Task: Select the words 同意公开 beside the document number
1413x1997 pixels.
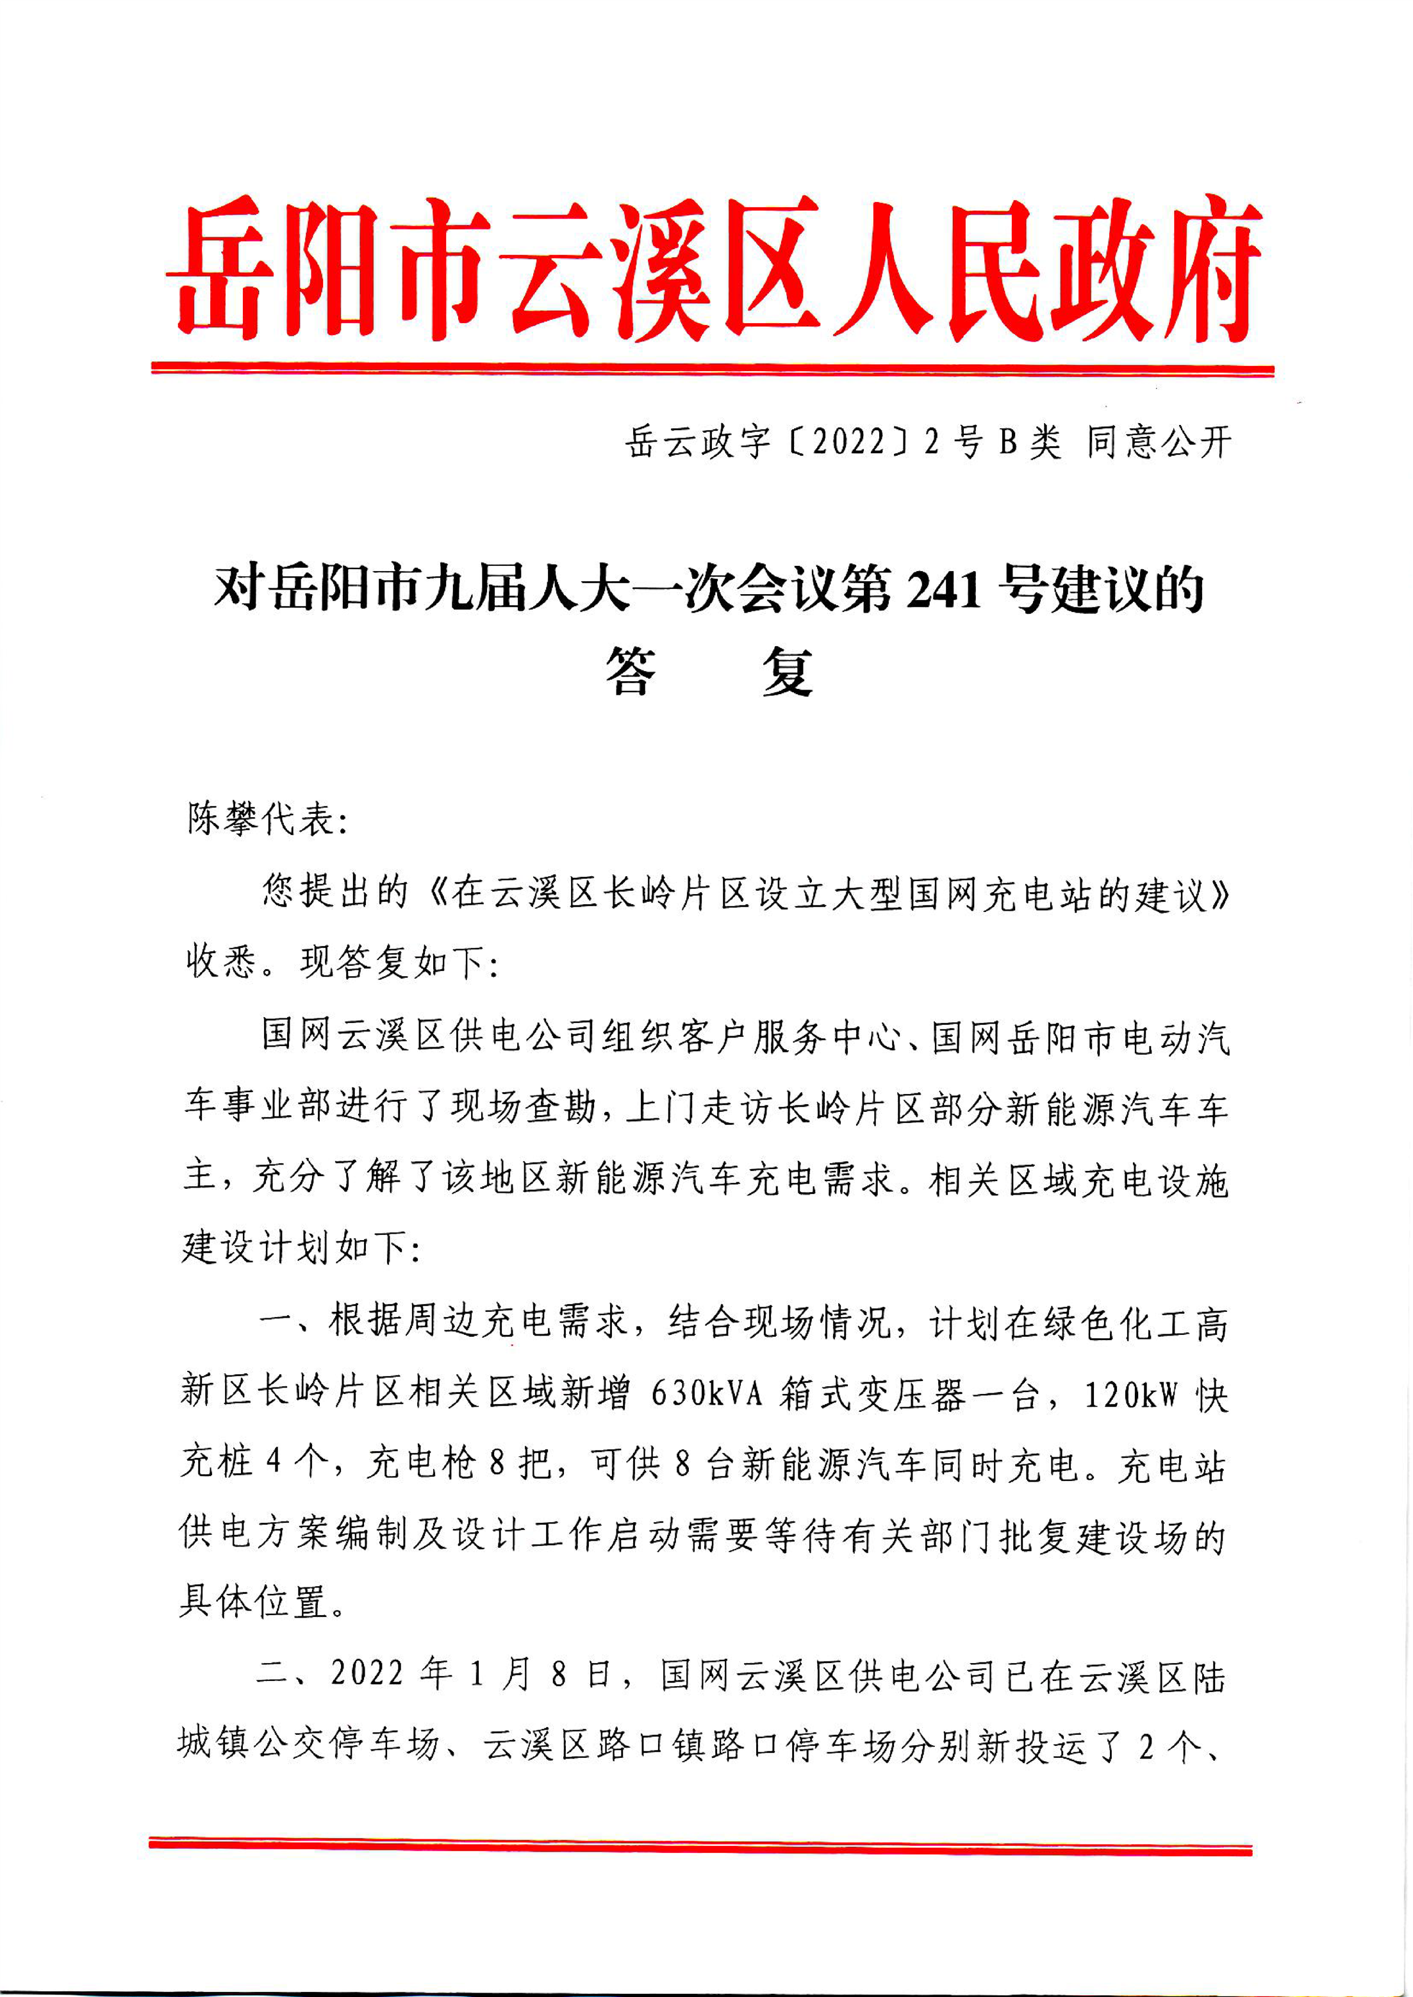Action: tap(1159, 443)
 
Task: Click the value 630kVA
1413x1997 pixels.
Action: tap(706, 1394)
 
